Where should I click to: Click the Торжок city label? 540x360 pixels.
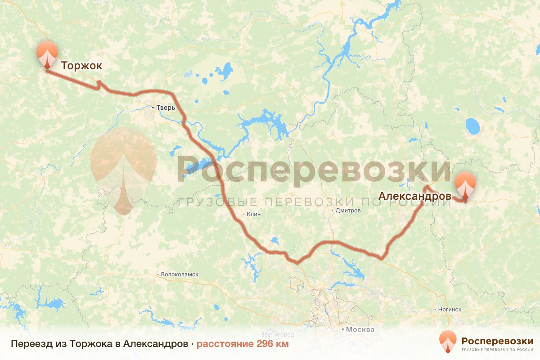pyautogui.click(x=81, y=66)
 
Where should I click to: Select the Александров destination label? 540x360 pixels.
pyautogui.click(x=415, y=196)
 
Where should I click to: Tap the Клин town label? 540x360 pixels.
pyautogui.click(x=254, y=214)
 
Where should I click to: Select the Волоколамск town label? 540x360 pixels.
pyautogui.click(x=180, y=274)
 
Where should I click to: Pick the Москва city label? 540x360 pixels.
pyautogui.click(x=360, y=329)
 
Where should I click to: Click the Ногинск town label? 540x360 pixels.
pyautogui.click(x=449, y=310)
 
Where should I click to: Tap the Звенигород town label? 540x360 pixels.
pyautogui.click(x=277, y=335)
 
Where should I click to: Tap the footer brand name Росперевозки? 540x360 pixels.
pyautogui.click(x=497, y=340)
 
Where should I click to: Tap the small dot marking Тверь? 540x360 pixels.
pyautogui.click(x=153, y=108)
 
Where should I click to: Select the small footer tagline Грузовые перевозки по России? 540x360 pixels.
pyautogui.click(x=497, y=350)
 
